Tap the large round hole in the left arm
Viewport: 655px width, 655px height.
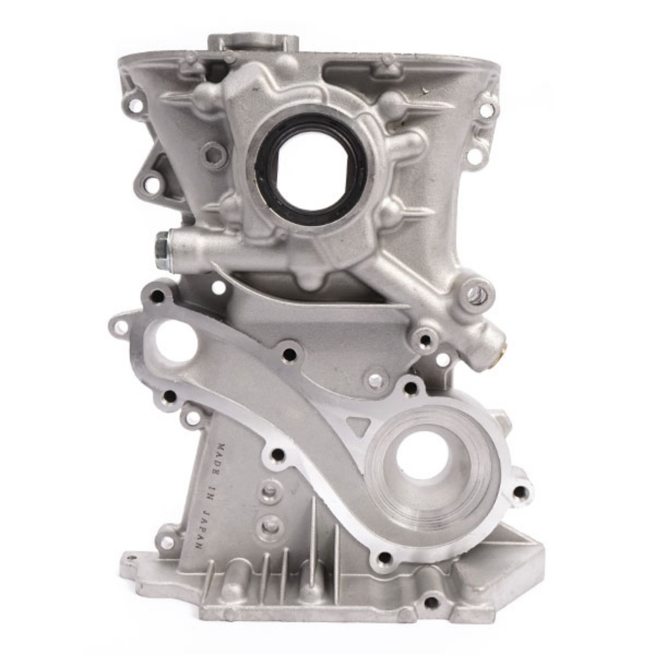pyautogui.click(x=176, y=340)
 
